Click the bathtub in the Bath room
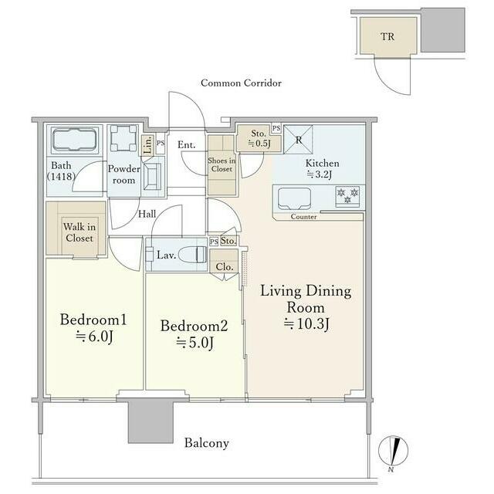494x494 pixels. pyautogui.click(x=74, y=140)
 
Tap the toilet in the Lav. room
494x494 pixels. pyautogui.click(x=192, y=255)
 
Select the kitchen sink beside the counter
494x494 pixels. pyautogui.click(x=295, y=198)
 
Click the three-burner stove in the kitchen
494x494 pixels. pyautogui.click(x=347, y=196)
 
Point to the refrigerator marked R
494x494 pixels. pyautogui.click(x=298, y=139)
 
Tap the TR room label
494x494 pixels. pyautogui.click(x=387, y=36)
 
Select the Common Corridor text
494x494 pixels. pyautogui.click(x=241, y=83)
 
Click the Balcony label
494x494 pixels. pyautogui.click(x=206, y=442)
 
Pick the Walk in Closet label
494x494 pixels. pyautogui.click(x=79, y=232)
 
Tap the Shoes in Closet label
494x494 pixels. pyautogui.click(x=222, y=164)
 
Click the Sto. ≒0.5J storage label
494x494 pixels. pyautogui.click(x=259, y=138)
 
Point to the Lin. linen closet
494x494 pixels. pyautogui.click(x=147, y=145)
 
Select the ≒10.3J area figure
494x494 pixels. pyautogui.click(x=306, y=323)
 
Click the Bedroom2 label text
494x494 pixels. pyautogui.click(x=194, y=326)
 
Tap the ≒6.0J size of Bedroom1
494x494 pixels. pyautogui.click(x=94, y=337)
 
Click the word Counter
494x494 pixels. pyautogui.click(x=303, y=217)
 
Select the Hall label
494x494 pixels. pyautogui.click(x=147, y=214)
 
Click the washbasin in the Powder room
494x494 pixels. pyautogui.click(x=152, y=177)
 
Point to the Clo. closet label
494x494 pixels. pyautogui.click(x=225, y=267)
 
